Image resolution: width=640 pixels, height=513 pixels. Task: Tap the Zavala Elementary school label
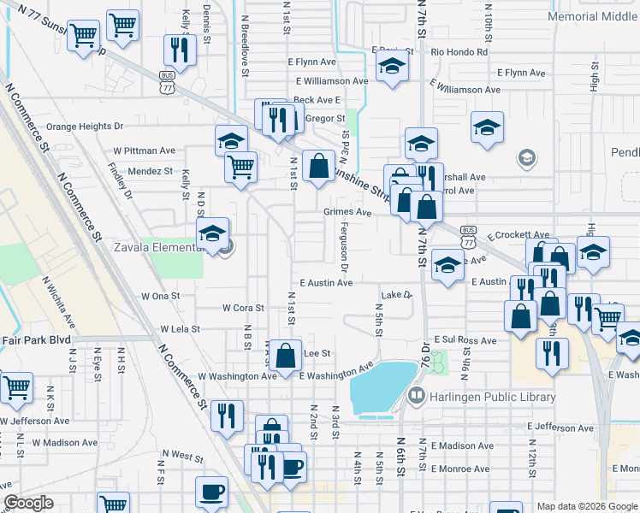[160, 250]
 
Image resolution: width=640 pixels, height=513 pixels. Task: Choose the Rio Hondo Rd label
[459, 52]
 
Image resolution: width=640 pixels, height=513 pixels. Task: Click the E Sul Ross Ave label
[465, 340]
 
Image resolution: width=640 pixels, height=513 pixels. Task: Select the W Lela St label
[180, 328]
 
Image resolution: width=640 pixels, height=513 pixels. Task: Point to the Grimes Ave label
[347, 212]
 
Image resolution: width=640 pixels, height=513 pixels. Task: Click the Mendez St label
[151, 171]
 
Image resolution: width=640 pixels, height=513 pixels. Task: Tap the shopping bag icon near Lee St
[288, 353]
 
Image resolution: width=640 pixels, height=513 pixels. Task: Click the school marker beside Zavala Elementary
[212, 233]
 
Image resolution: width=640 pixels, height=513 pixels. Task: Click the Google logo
[28, 503]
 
